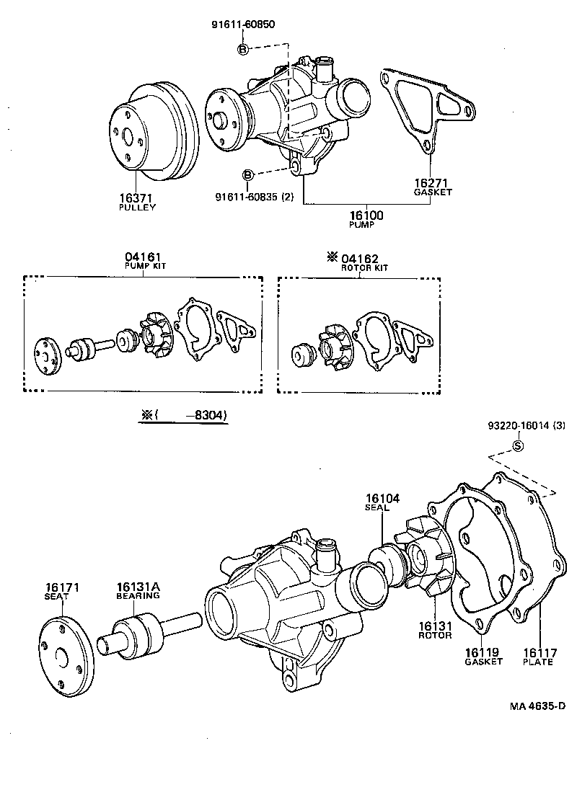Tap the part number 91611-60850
pos(243,24)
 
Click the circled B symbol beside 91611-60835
pos(247,175)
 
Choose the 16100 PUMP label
pos(366,216)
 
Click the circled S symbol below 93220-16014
pos(517,445)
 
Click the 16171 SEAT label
pos(61,592)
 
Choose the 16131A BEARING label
pos(138,592)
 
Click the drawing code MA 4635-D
pos(536,707)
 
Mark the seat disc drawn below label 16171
pos(61,657)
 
